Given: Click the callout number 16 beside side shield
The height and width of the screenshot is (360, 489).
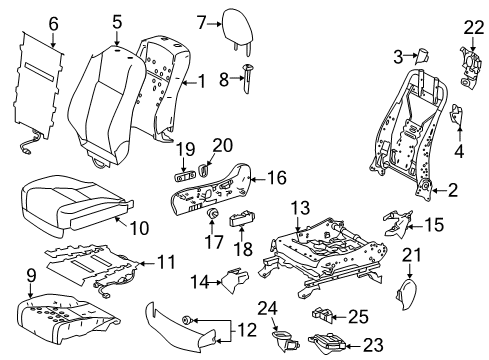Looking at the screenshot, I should pyautogui.click(x=276, y=178).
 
